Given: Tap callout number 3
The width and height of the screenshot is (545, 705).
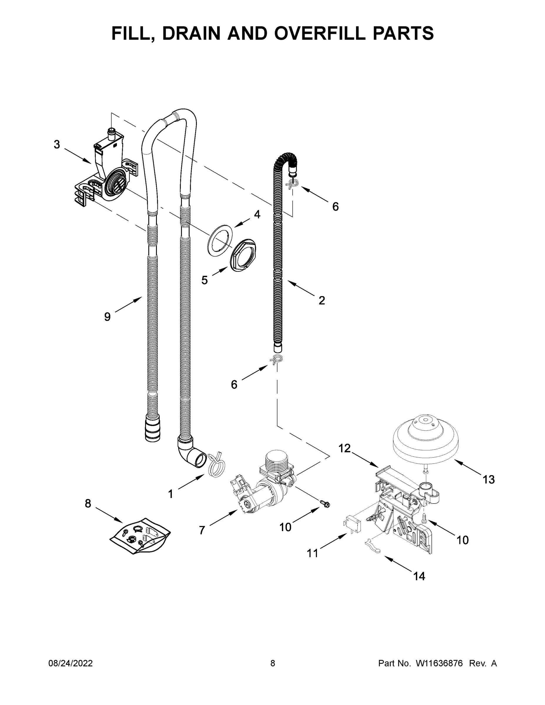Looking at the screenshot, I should (57, 144).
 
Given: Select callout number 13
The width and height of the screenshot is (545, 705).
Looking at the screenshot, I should (489, 479).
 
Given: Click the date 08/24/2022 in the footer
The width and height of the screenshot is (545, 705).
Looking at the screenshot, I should (71, 663).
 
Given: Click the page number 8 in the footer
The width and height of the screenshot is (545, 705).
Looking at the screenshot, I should (273, 663).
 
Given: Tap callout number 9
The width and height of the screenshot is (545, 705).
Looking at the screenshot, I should (107, 317).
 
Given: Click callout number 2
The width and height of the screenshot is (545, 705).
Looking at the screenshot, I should (322, 300).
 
